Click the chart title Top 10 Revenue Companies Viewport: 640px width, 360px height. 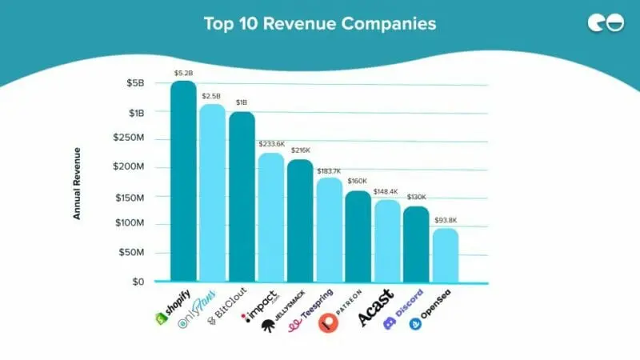(320, 24)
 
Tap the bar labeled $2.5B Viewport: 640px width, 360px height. (212, 192)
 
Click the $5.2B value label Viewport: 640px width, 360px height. (183, 74)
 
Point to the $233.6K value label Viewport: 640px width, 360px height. (271, 144)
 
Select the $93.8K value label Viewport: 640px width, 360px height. (446, 221)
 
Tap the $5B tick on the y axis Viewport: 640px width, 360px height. (134, 83)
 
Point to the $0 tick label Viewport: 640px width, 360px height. (137, 282)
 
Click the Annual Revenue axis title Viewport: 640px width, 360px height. (78, 183)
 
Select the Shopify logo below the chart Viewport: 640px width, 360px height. (174, 306)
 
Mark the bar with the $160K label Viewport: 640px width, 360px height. (358, 236)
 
